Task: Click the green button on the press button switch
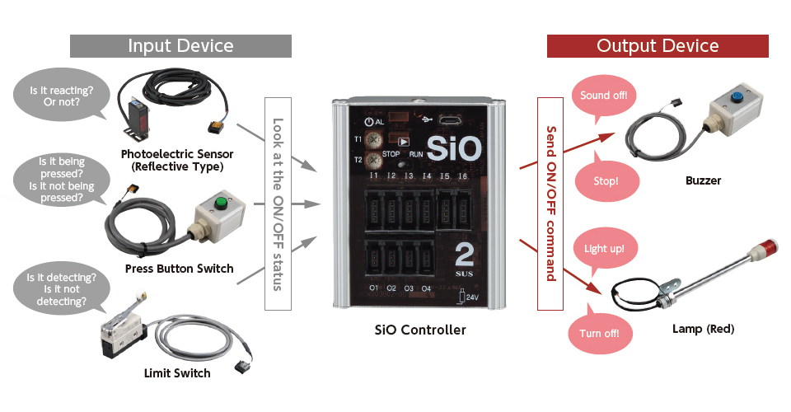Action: pos(220,203)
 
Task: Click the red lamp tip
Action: pos(771,246)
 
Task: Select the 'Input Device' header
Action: pos(180,46)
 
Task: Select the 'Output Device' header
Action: pos(658,46)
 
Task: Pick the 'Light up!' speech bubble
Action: pos(604,248)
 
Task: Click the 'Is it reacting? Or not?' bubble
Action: pos(61,96)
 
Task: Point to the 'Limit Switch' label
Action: pos(177,373)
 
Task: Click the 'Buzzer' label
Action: pos(703,180)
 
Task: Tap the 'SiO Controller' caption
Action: pos(420,330)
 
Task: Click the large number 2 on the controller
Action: pos(464,255)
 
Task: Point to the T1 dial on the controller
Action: pos(373,139)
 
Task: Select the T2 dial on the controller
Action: pos(373,161)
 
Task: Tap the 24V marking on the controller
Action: pos(472,297)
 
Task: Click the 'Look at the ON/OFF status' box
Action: pos(278,204)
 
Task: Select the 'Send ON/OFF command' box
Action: pos(550,204)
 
